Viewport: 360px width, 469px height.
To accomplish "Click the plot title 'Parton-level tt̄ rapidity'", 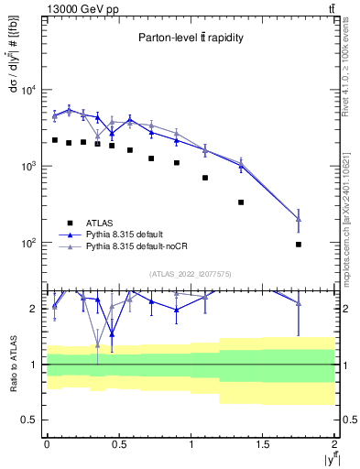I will (191, 38).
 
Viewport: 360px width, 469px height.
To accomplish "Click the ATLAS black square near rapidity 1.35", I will (241, 202).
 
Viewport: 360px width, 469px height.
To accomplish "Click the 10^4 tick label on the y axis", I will (28, 90).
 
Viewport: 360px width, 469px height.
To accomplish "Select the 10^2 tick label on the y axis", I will (28, 244).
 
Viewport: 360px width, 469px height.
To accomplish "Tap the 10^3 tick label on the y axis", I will (28, 167).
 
